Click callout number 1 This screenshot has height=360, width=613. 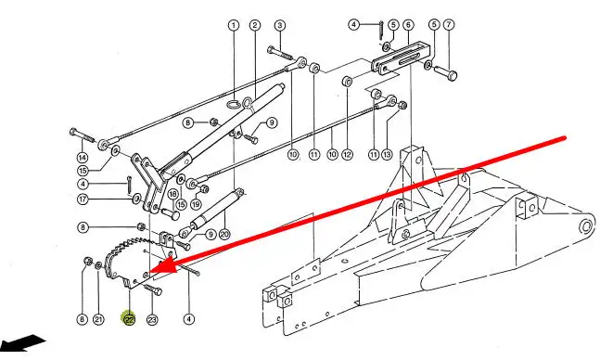click(234, 26)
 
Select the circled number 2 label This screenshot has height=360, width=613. click(255, 26)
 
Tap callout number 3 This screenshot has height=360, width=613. click(279, 26)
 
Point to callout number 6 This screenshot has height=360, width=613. click(408, 25)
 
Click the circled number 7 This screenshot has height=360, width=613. click(449, 25)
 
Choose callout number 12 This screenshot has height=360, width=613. click(347, 155)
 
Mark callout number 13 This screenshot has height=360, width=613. click(387, 155)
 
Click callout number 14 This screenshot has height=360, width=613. click(83, 158)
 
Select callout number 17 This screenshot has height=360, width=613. click(83, 199)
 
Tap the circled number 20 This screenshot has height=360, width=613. click(224, 235)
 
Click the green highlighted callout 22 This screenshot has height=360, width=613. click(129, 320)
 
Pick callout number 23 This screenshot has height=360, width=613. click(152, 320)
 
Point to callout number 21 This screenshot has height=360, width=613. click(98, 320)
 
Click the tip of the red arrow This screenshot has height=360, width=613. click(149, 271)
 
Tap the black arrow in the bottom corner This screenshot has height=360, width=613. click(23, 343)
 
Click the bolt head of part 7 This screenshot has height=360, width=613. click(452, 75)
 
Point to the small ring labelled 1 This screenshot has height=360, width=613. click(233, 104)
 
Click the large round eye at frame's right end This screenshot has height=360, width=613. click(585, 226)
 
